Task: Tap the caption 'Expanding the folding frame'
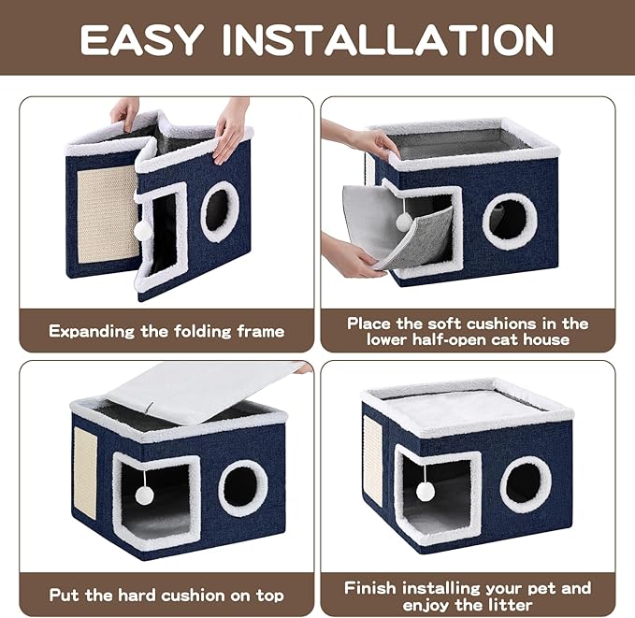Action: coord(166,330)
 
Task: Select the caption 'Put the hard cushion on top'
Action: coord(166,595)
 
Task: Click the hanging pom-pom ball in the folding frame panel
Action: coord(143,229)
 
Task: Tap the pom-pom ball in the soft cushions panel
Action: coord(403,221)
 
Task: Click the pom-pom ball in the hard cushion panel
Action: coord(144,495)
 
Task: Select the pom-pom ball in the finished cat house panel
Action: coord(426,491)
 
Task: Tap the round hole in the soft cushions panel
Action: coord(510,220)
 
